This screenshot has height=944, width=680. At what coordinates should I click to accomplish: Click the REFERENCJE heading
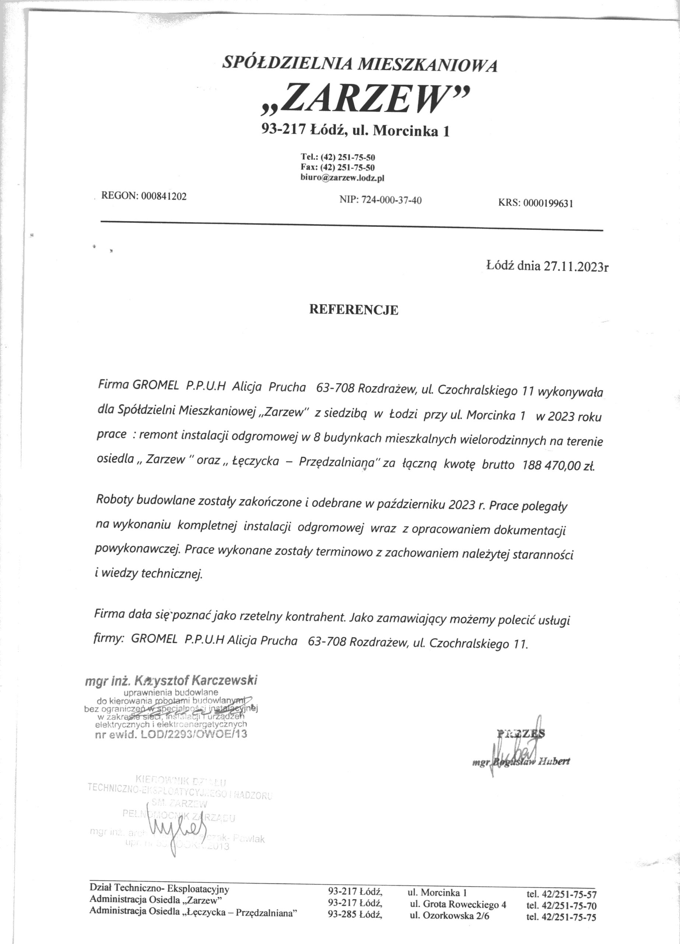click(353, 310)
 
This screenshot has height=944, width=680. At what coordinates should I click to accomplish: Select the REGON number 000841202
click(164, 197)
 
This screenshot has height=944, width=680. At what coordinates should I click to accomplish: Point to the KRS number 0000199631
click(548, 204)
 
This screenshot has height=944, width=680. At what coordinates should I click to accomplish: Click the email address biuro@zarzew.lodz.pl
click(342, 178)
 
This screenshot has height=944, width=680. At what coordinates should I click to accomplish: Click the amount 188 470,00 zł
click(557, 466)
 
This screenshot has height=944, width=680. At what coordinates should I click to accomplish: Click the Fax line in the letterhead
click(337, 168)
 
